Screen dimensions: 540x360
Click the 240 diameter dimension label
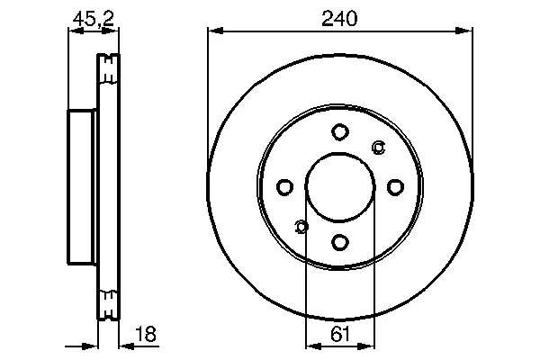pyautogui.click(x=339, y=19)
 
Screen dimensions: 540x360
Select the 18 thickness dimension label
pyautogui.click(x=146, y=334)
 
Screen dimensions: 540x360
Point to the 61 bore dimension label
pyautogui.click(x=340, y=334)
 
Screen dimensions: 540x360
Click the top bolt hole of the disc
pyautogui.click(x=340, y=132)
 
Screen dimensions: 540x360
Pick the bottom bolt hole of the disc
pyautogui.click(x=340, y=242)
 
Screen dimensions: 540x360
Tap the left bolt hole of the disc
pyautogui.click(x=284, y=187)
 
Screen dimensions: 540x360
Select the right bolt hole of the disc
pyautogui.click(x=395, y=187)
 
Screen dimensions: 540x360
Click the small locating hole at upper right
pyautogui.click(x=379, y=148)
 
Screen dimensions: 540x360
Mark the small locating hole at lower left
pyautogui.click(x=301, y=227)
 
